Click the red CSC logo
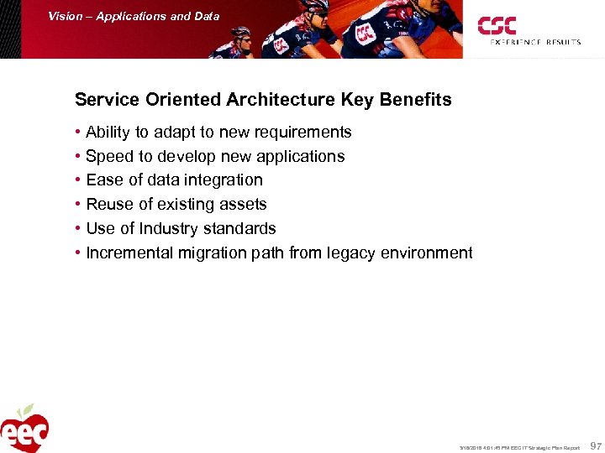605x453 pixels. [497, 25]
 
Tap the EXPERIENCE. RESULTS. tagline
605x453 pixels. [535, 42]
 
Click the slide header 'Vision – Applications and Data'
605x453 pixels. [134, 16]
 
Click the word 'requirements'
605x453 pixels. [303, 133]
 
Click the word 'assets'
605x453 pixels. [244, 205]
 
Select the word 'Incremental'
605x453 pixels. [129, 253]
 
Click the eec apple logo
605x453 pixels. [24, 429]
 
